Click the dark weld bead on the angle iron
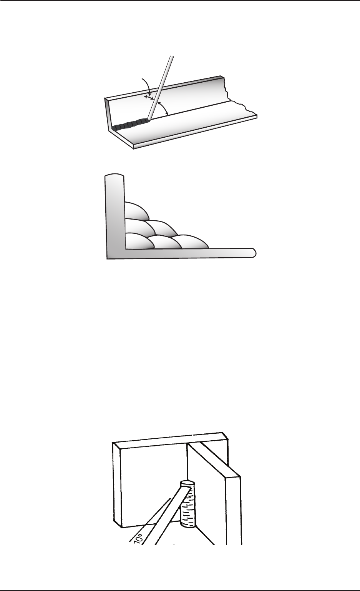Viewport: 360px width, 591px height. [x=129, y=125]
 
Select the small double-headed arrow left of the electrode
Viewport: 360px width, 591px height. [x=149, y=98]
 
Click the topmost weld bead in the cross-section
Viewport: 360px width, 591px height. [x=136, y=211]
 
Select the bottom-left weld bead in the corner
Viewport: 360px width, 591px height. [x=139, y=241]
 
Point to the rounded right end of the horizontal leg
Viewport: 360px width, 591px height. [x=254, y=253]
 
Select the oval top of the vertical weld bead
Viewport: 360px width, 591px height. [x=187, y=484]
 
